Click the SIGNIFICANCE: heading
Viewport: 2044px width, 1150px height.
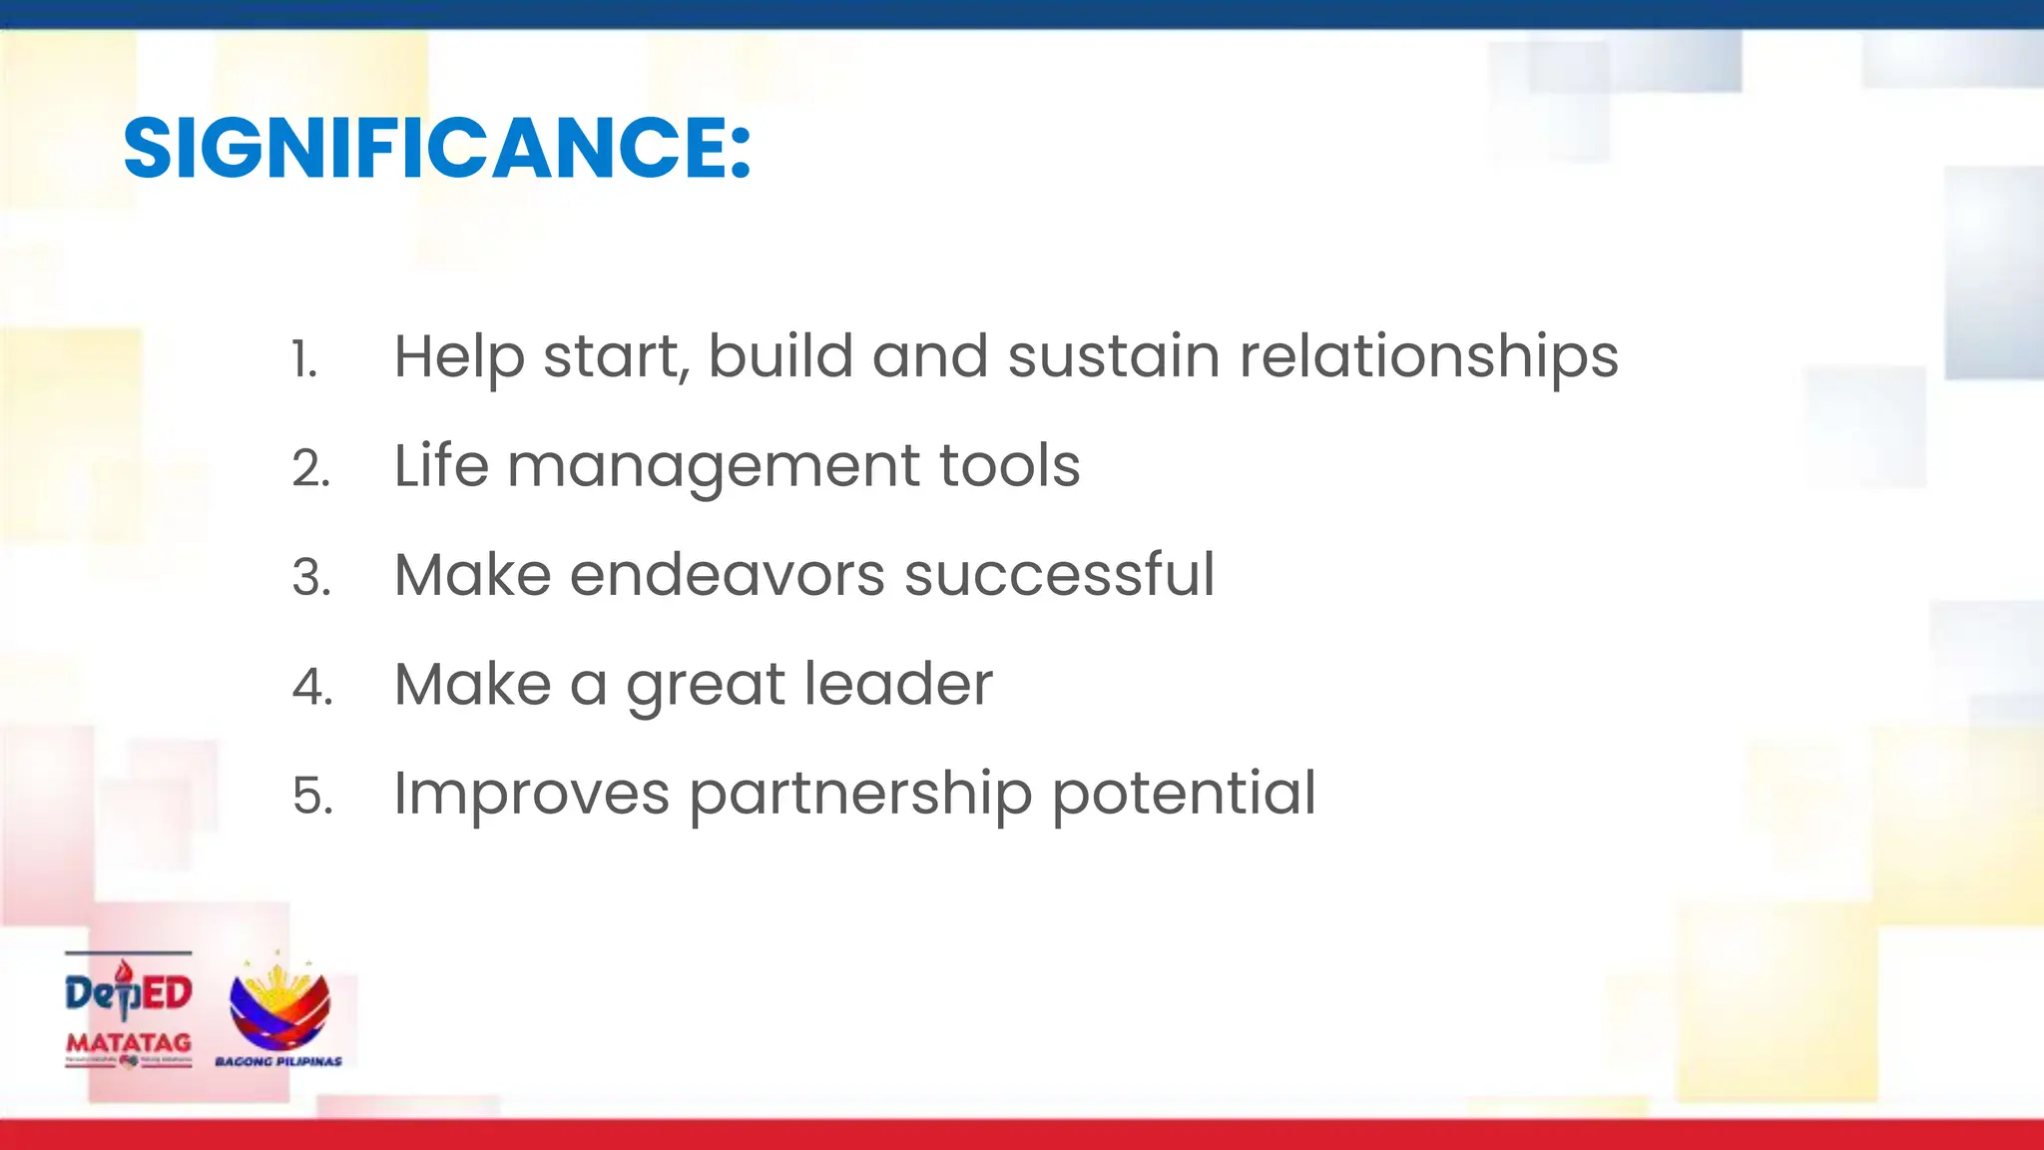coord(436,149)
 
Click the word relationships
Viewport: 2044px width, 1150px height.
coord(1428,357)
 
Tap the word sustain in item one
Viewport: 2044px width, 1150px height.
coord(1113,356)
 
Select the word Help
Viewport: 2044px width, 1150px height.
coord(458,357)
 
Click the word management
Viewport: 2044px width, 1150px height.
coord(713,466)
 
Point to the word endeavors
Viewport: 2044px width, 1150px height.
coord(727,575)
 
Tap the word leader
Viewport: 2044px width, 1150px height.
coord(898,684)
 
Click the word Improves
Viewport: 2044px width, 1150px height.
coord(531,795)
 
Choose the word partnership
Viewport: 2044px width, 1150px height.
coord(860,795)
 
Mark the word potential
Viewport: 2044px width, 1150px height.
coord(1184,795)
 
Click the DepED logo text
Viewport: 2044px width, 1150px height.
coord(128,993)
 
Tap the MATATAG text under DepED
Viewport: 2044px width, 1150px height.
coord(128,1042)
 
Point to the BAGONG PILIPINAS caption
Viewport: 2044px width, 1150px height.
coord(278,1061)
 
